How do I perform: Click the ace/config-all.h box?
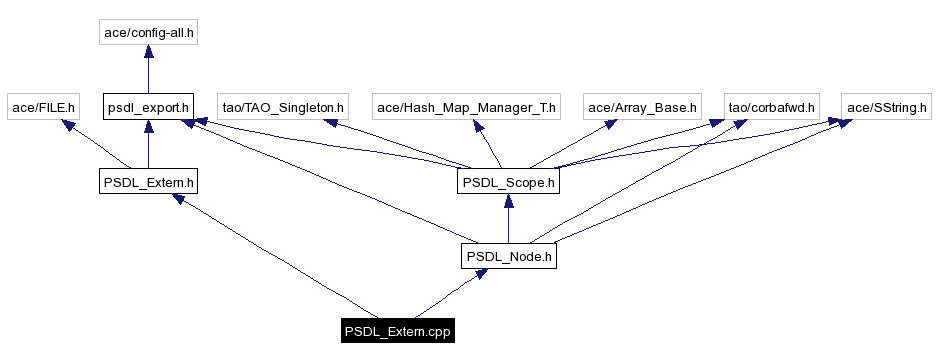pyautogui.click(x=149, y=33)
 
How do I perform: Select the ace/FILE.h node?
pyautogui.click(x=43, y=106)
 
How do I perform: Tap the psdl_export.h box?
pyautogui.click(x=148, y=106)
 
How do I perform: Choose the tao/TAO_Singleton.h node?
pyautogui.click(x=282, y=106)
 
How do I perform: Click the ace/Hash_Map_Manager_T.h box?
pyautogui.click(x=466, y=106)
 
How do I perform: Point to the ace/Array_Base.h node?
pyautogui.click(x=641, y=106)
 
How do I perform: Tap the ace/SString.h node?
pyautogui.click(x=886, y=106)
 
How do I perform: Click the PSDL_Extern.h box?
pyautogui.click(x=148, y=182)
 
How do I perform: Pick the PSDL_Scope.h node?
pyautogui.click(x=509, y=182)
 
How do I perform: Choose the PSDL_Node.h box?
pyautogui.click(x=509, y=257)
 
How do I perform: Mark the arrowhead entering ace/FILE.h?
pyautogui.click(x=67, y=125)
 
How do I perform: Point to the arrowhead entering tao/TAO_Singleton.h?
pyautogui.click(x=328, y=124)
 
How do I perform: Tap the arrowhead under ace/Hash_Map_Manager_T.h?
pyautogui.click(x=480, y=127)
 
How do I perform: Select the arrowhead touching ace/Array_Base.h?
pyautogui.click(x=605, y=125)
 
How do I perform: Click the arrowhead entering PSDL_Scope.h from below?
pyautogui.click(x=509, y=202)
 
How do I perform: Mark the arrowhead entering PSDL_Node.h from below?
pyautogui.click(x=481, y=274)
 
